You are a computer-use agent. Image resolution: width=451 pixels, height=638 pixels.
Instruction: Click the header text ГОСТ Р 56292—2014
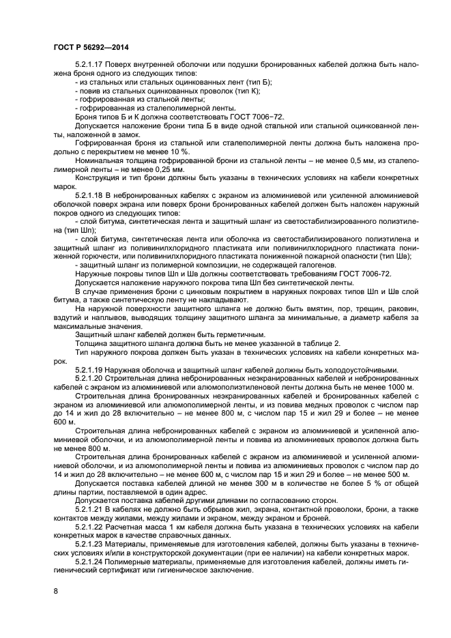click(91, 46)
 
